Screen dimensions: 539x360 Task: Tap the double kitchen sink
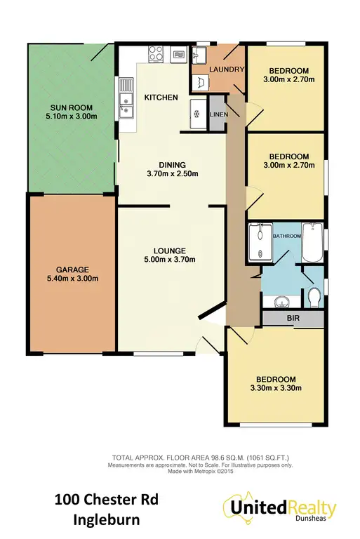click(127, 104)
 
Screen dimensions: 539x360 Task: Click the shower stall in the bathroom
click(259, 242)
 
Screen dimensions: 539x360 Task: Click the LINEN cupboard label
click(217, 115)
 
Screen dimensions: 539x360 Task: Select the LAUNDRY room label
click(227, 69)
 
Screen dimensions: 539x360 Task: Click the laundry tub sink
click(201, 54)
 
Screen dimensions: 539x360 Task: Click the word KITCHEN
click(161, 97)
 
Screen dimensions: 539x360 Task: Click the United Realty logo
click(279, 508)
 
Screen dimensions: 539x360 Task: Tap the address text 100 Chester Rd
click(107, 500)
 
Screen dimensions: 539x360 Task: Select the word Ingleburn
click(107, 521)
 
